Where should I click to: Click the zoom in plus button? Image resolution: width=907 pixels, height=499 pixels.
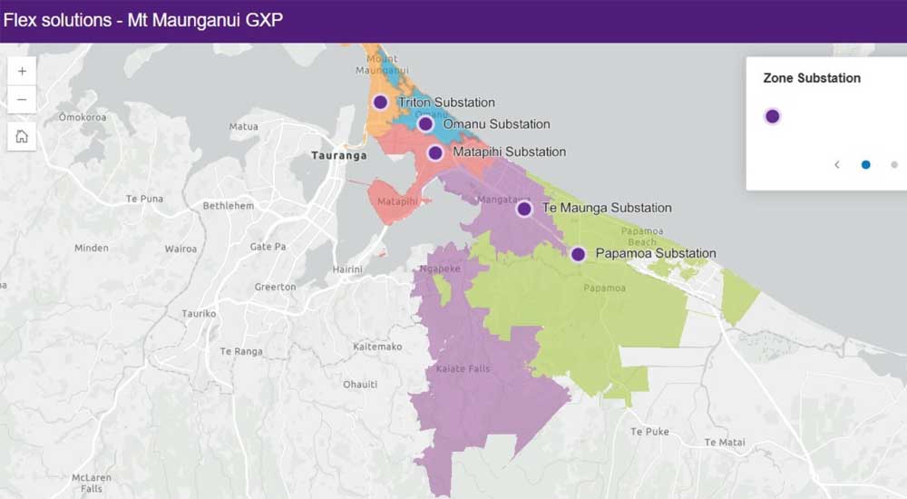[x=22, y=71]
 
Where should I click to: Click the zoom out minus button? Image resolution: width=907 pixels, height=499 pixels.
[x=22, y=99]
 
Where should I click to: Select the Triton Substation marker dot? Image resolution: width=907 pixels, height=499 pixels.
[x=380, y=103]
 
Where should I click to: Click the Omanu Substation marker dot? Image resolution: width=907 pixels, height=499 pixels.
[x=425, y=124]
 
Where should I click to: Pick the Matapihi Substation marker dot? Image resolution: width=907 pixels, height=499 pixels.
[x=435, y=152]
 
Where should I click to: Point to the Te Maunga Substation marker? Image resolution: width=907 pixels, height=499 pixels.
[x=524, y=209]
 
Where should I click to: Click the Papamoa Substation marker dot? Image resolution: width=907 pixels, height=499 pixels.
[x=578, y=254]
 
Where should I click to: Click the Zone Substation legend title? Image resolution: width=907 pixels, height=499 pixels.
[x=812, y=78]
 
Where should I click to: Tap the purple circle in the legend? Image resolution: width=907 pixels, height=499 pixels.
[x=772, y=116]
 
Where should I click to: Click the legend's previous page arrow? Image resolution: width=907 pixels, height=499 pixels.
[x=837, y=164]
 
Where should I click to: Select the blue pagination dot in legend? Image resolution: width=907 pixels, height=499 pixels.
[x=865, y=164]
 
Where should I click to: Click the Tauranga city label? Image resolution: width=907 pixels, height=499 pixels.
[x=338, y=155]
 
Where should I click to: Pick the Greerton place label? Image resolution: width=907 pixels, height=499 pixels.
[x=275, y=287]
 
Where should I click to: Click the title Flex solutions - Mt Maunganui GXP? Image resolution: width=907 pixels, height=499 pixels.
[x=143, y=20]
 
